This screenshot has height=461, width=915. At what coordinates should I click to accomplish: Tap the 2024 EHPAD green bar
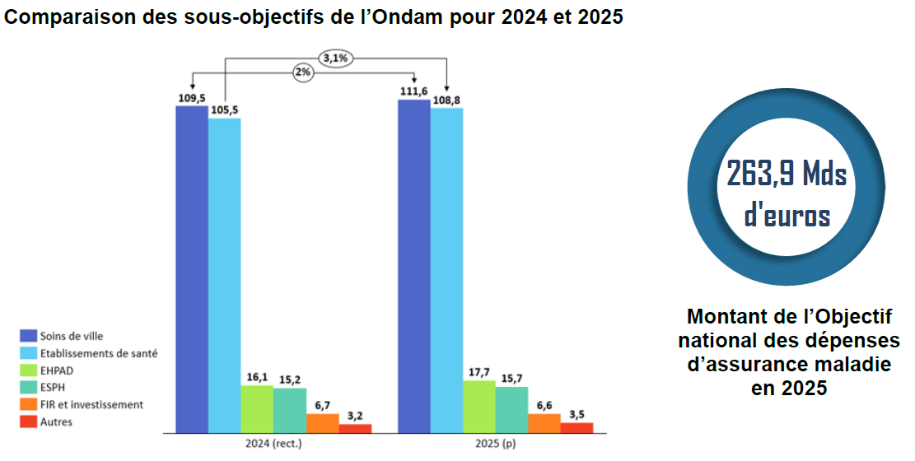click(257, 408)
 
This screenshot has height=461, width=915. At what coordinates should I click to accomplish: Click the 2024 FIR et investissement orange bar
click(322, 423)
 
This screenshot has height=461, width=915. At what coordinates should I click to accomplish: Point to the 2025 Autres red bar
click(577, 427)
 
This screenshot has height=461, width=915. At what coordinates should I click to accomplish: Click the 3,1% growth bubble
click(334, 58)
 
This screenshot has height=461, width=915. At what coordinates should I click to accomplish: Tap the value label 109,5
click(191, 97)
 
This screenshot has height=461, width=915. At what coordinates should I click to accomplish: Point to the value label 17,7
click(479, 371)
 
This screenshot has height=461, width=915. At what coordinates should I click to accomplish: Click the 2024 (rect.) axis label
click(273, 445)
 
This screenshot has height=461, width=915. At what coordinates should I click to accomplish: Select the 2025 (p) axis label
click(495, 445)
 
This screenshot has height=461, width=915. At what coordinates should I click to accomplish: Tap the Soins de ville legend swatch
click(28, 336)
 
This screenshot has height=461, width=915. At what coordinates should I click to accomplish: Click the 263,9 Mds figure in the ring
click(787, 174)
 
